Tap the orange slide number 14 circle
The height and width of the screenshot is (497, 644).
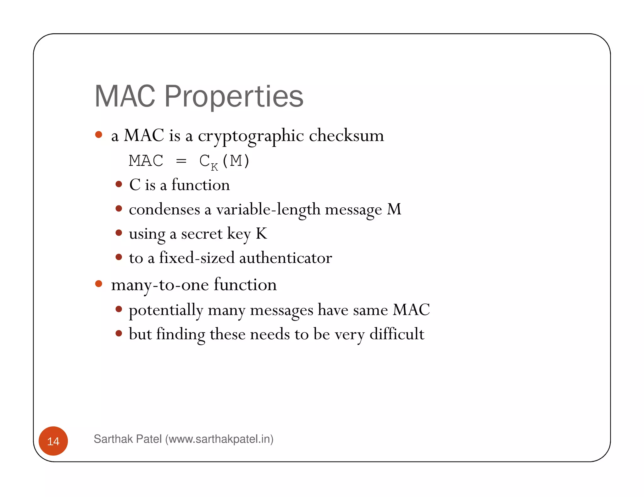click(x=53, y=441)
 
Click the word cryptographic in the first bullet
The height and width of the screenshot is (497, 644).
click(x=251, y=136)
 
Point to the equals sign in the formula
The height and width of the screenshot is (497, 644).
click(x=181, y=161)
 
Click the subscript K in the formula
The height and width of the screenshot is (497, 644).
click(x=214, y=167)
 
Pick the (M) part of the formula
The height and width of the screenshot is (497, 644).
click(x=236, y=161)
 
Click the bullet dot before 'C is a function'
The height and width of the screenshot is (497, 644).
click(x=119, y=184)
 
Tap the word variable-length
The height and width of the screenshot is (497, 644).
click(x=268, y=209)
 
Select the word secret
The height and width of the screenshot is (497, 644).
click(x=202, y=234)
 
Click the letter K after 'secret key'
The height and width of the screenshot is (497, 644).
click(x=261, y=233)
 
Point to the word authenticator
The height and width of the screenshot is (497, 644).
click(x=286, y=258)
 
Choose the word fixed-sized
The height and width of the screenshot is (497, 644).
click(x=197, y=258)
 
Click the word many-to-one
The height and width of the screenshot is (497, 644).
click(x=160, y=285)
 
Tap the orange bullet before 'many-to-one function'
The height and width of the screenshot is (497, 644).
click(x=99, y=284)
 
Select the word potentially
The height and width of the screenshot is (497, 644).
click(x=166, y=310)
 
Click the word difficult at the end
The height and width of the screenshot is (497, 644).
click(x=397, y=334)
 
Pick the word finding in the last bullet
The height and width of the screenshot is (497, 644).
click(x=180, y=334)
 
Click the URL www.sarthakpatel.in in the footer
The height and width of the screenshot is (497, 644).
click(x=219, y=439)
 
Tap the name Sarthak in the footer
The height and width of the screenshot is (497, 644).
click(x=112, y=439)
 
